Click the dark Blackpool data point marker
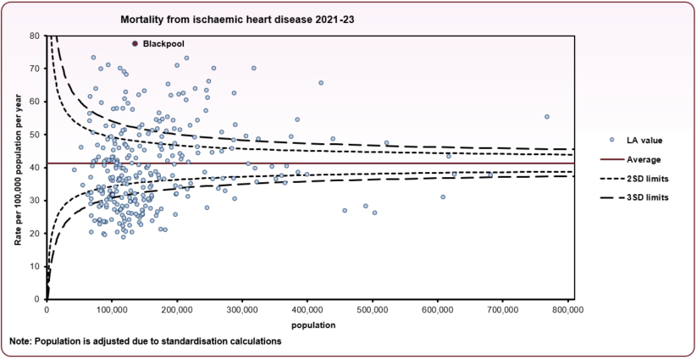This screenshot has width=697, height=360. [135, 43]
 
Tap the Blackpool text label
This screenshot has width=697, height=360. [163, 43]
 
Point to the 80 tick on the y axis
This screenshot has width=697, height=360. [35, 36]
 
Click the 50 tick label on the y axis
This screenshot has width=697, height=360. [35, 135]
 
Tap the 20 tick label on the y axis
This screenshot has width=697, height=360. [35, 234]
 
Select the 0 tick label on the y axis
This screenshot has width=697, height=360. [37, 300]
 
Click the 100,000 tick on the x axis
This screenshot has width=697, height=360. [112, 311]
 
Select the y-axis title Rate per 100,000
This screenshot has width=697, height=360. [16, 168]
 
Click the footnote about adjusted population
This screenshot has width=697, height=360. [145, 341]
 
